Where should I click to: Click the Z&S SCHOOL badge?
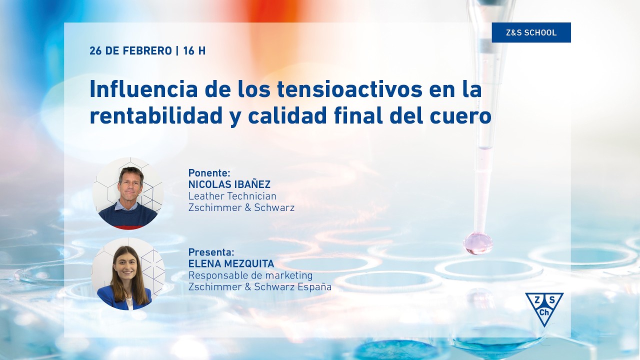click(531, 32)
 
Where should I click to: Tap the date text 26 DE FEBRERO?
click(130, 51)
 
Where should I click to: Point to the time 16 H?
click(194, 51)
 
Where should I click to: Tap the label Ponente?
click(209, 173)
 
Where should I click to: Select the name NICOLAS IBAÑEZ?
click(229, 184)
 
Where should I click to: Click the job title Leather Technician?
click(232, 196)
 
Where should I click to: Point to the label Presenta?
click(211, 252)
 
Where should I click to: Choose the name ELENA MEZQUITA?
click(231, 263)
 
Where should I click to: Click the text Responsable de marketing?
click(250, 275)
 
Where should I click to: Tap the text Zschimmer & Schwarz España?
click(259, 287)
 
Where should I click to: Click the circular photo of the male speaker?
click(128, 193)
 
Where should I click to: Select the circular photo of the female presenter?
click(128, 273)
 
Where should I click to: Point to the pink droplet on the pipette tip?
click(478, 243)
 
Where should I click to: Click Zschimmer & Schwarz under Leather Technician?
click(241, 207)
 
